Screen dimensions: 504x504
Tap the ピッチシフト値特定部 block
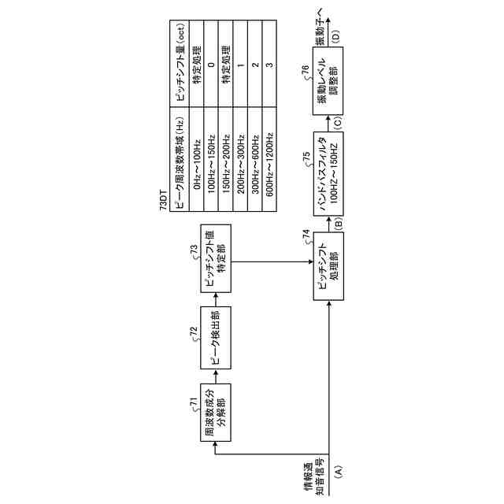[x=214, y=257]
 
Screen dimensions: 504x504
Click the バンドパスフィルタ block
[x=326, y=167]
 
